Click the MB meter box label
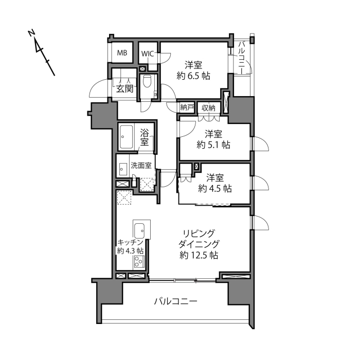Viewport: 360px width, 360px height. tap(122, 53)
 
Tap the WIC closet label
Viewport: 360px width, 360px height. tap(148, 54)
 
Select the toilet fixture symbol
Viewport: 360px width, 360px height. tap(147, 81)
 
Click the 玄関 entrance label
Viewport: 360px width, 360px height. tap(124, 88)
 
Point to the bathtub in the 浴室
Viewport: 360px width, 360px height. tap(126, 137)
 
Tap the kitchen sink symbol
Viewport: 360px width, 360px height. tap(139, 230)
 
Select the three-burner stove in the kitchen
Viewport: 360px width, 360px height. tap(139, 261)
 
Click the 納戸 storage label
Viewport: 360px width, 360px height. tap(187, 107)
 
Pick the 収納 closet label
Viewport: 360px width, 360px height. tap(208, 107)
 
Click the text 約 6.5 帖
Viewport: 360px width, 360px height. tap(193, 76)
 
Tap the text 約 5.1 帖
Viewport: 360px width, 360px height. tap(213, 145)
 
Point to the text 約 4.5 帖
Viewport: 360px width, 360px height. tap(215, 189)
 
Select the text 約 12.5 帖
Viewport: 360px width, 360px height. tap(199, 255)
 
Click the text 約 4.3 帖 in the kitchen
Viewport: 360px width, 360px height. tap(131, 250)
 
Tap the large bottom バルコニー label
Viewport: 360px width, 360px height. tap(176, 301)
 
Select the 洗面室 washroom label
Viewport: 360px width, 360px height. tap(141, 165)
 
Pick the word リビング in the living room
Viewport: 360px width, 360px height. tap(199, 233)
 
